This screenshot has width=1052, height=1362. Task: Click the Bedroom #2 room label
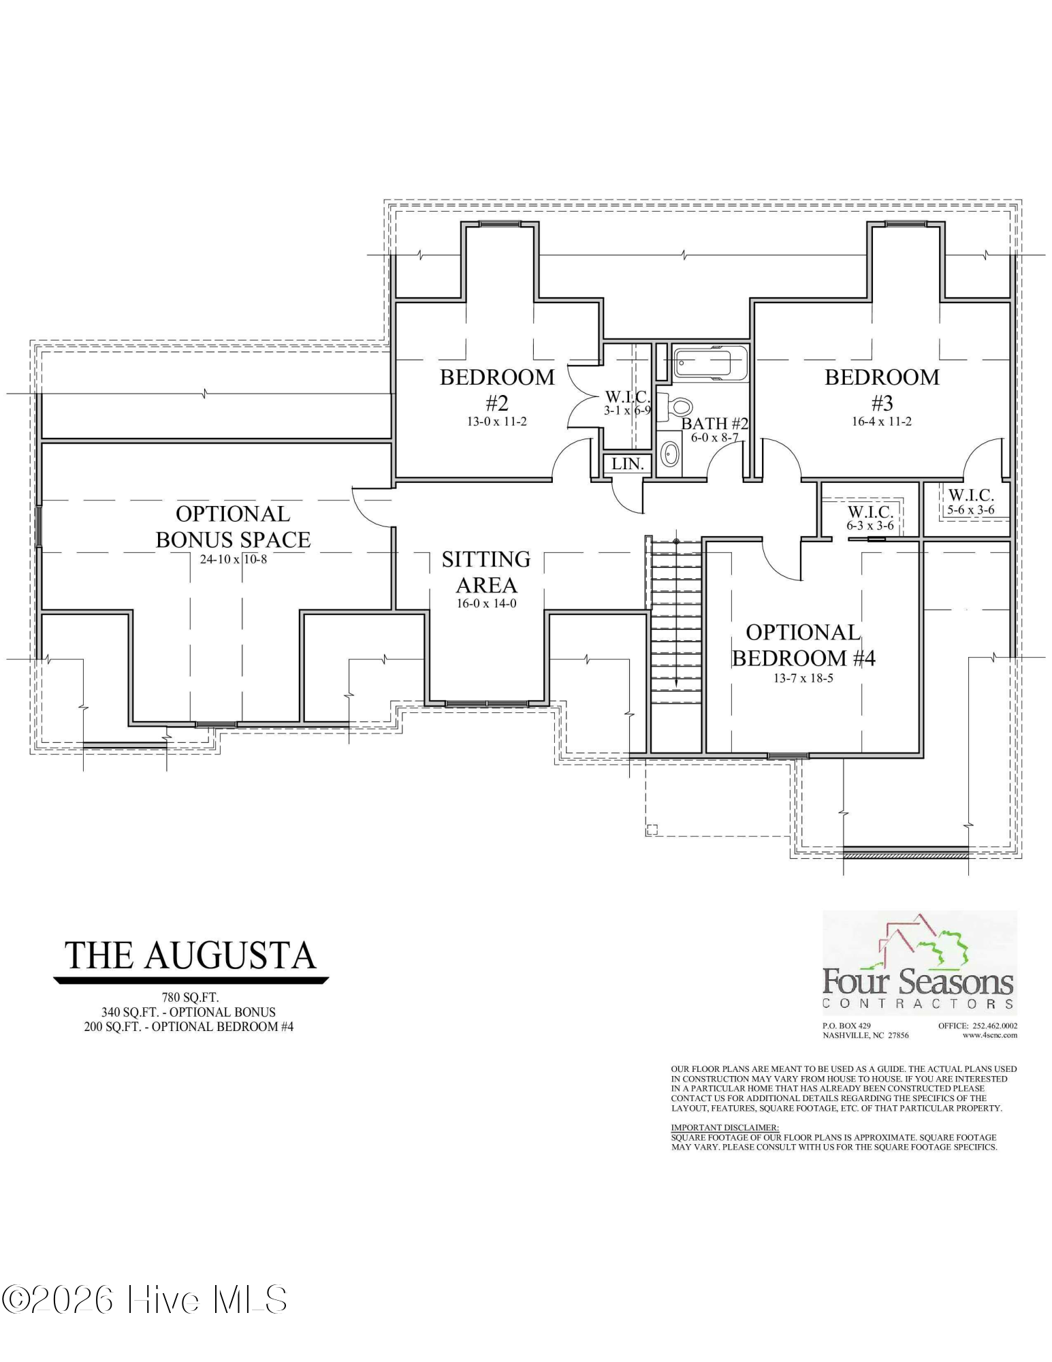[497, 390]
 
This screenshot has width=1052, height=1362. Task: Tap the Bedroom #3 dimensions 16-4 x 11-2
[881, 422]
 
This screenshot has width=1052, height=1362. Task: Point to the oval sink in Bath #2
[671, 454]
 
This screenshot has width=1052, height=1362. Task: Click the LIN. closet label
[627, 464]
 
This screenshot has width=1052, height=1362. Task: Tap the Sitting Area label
[486, 571]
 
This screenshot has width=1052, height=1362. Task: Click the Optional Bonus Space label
[233, 526]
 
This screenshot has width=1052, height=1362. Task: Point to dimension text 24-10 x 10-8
[233, 560]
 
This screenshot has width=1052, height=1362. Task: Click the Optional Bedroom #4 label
[803, 645]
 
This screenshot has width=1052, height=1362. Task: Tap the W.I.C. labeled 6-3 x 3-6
[870, 517]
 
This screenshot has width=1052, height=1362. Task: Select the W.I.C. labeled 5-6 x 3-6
[970, 501]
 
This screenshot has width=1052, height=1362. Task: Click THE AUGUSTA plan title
[191, 955]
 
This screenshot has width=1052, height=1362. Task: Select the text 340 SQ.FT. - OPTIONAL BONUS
[189, 1012]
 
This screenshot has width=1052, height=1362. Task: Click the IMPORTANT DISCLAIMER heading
[724, 1128]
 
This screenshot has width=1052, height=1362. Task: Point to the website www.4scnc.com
[989, 1035]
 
